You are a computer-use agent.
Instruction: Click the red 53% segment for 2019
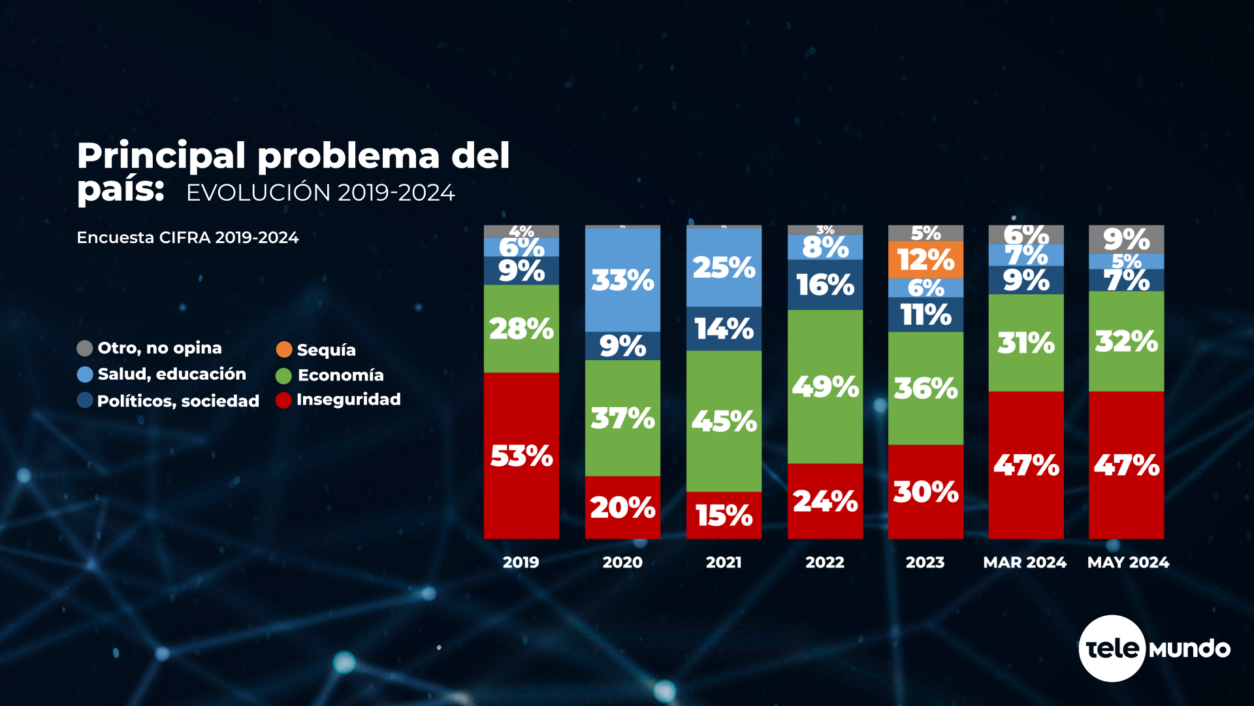click(x=521, y=456)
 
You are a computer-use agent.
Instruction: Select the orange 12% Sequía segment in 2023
click(x=925, y=260)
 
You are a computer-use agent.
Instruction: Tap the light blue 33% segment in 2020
click(x=622, y=280)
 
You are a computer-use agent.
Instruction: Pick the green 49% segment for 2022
click(x=825, y=386)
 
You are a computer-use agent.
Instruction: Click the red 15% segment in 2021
click(x=724, y=515)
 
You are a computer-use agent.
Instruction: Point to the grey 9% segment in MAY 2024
click(x=1126, y=239)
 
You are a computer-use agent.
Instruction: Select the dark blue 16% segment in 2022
click(x=825, y=285)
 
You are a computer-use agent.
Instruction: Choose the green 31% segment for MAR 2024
click(x=1025, y=343)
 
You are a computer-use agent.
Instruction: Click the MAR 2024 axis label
click(x=1025, y=562)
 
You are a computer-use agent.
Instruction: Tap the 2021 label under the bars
click(x=724, y=562)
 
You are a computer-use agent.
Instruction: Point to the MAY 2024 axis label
click(x=1128, y=562)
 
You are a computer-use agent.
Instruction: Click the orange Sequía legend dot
click(x=284, y=349)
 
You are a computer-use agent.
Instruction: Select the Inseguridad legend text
click(x=348, y=399)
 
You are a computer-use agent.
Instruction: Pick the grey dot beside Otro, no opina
click(x=85, y=348)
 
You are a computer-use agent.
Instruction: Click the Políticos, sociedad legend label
click(x=178, y=401)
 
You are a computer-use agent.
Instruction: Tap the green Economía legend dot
click(x=283, y=376)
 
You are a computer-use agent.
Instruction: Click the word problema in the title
click(x=349, y=157)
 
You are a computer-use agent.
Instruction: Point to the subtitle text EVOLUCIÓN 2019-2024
click(x=320, y=193)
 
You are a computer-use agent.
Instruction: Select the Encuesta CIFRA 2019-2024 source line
click(x=187, y=237)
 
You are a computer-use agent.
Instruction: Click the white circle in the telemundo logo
click(x=1112, y=648)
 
